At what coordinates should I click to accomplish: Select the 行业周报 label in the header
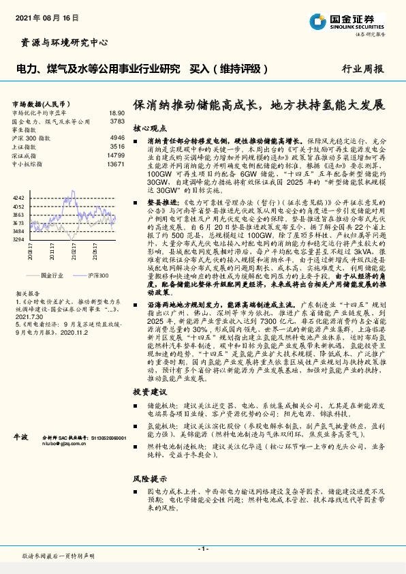coord(362,69)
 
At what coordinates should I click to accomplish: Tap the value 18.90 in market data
coord(116,113)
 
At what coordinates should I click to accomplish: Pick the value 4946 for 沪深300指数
coord(117,138)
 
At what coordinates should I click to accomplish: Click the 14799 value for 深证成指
coord(116,155)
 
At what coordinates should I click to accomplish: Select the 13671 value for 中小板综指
coord(116,164)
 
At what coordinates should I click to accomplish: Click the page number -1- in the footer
coord(202,548)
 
